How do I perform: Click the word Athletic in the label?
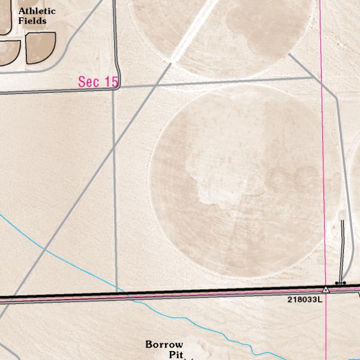[37, 11]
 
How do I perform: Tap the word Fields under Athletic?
[32, 21]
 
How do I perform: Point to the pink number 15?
[110, 82]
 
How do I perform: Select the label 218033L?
[304, 299]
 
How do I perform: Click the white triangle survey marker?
[326, 290]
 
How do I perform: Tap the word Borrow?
[164, 344]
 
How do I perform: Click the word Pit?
[175, 355]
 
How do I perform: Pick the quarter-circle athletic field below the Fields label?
[40, 47]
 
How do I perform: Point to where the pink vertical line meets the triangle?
[326, 288]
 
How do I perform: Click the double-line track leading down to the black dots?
[343, 249]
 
